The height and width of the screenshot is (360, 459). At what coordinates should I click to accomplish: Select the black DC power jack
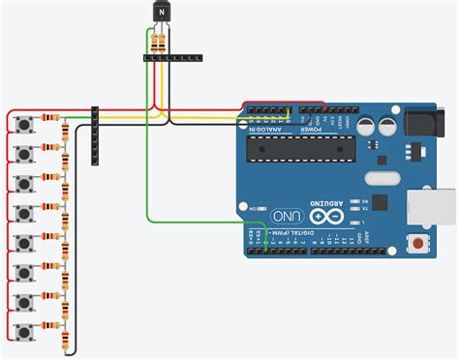422,123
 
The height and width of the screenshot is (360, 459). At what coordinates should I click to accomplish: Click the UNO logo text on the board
288,214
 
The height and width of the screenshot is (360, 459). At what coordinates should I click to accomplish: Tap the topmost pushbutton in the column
24,126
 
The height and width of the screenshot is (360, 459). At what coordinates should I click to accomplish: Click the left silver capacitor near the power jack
368,125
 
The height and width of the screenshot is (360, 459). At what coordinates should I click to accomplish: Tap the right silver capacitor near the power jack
388,125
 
